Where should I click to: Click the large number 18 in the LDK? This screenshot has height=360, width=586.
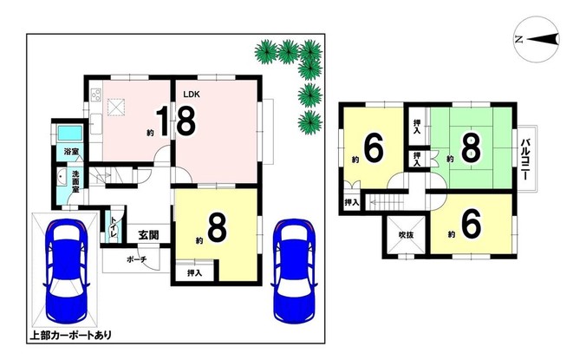click(175, 121)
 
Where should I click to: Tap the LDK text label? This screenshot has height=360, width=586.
click(192, 95)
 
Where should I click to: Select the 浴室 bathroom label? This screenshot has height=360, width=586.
click(71, 152)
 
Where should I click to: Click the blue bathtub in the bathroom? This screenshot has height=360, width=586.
click(69, 134)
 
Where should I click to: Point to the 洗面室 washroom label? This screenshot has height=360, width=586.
click(75, 181)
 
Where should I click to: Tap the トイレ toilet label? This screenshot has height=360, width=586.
click(114, 227)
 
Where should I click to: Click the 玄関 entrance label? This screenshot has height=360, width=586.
click(149, 235)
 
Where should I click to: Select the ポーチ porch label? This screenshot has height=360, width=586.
click(137, 259)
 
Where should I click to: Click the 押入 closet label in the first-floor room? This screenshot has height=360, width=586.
click(195, 273)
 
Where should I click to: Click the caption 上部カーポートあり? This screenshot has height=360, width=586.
click(70, 335)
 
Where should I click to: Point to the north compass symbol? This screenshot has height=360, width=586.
click(537, 38)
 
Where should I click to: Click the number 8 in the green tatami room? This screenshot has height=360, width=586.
click(471, 149)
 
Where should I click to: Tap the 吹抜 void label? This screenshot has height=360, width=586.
click(406, 235)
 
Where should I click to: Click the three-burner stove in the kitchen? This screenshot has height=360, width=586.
click(96, 94)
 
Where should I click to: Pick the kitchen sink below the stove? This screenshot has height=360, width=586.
click(96, 124)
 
